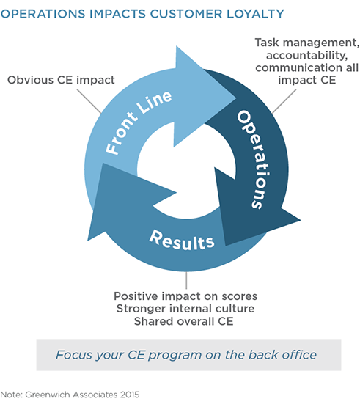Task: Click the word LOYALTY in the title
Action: tap(255, 14)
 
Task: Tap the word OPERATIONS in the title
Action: tap(43, 14)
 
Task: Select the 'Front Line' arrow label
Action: tap(139, 122)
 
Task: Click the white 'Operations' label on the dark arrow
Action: tap(254, 159)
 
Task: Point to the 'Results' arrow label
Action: tap(182, 241)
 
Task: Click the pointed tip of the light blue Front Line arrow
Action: tap(235, 98)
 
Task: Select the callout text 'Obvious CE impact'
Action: tap(61, 80)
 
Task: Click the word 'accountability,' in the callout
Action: tap(306, 55)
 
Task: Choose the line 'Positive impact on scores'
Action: tap(185, 296)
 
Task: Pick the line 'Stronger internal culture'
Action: tap(185, 309)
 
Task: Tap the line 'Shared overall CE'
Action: tap(184, 321)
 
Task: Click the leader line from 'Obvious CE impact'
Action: tap(89, 101)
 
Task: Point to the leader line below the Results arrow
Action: tap(186, 280)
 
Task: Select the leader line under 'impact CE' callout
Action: tap(284, 101)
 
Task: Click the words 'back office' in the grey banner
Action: tap(282, 355)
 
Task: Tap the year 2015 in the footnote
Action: tap(130, 395)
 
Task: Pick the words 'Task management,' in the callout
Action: tap(307, 43)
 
